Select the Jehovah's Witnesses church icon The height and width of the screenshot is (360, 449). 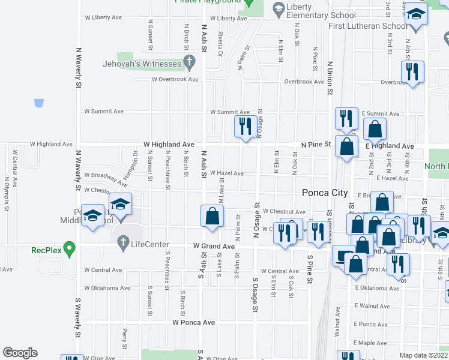pos(190,61)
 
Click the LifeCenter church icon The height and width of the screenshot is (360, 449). pos(123,243)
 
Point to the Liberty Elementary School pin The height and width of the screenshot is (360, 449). pos(279,8)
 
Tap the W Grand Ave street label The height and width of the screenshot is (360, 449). pos(214,247)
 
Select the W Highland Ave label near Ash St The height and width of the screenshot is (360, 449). pos(169,145)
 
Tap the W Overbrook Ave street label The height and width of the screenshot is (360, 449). pos(175,79)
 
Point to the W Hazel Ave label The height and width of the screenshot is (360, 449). pos(226,173)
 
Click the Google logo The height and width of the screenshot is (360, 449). pos(20,353)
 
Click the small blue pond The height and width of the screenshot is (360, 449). pos(39,103)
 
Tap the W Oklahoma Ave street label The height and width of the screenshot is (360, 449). pos(107,288)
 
